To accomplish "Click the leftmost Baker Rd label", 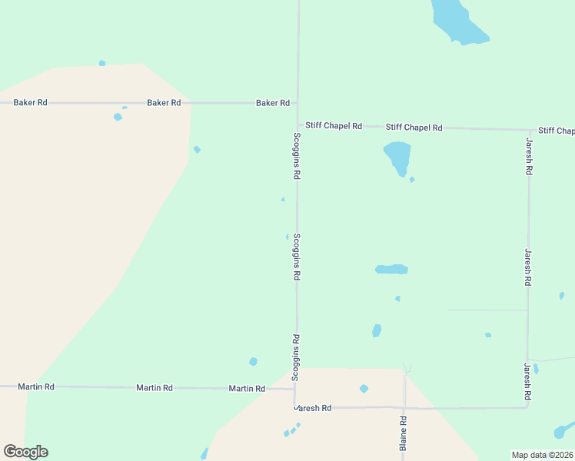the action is tap(31, 102).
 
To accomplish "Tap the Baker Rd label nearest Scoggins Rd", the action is tap(273, 102).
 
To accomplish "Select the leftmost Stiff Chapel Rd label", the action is tap(334, 125).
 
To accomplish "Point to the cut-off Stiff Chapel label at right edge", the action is tap(557, 131).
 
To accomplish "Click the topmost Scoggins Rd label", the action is tap(297, 156).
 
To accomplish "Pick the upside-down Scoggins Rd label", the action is tap(295, 357).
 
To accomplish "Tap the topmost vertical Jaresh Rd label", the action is tap(529, 158).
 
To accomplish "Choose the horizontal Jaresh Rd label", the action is tap(314, 408).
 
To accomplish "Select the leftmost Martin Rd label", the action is tap(36, 386).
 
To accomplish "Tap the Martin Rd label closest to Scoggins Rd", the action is tap(247, 389).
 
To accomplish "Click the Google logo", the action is tap(25, 452).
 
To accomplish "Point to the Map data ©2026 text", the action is tap(542, 455).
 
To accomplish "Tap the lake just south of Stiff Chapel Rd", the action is tap(397, 157).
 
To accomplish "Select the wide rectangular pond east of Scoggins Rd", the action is tap(391, 270).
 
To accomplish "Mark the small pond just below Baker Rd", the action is tap(118, 117).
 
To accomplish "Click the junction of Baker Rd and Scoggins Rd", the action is tap(298, 102).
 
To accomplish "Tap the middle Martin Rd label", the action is tap(155, 388).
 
